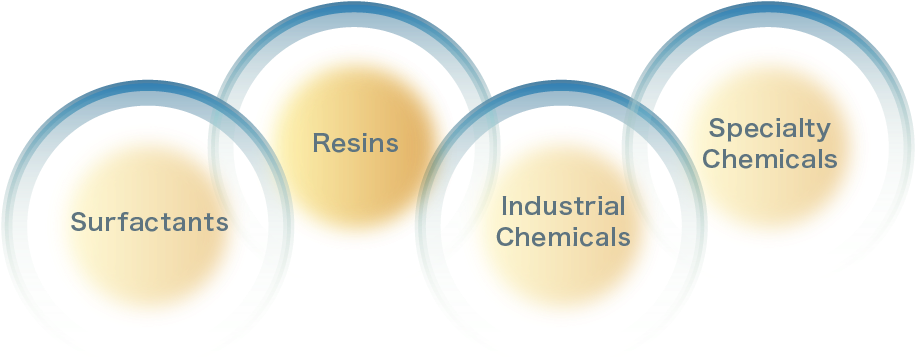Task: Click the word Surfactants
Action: tap(149, 221)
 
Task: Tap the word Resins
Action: tap(355, 143)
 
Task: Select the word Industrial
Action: tap(563, 207)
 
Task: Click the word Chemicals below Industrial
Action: tap(563, 237)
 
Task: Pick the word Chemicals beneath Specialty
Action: tap(769, 159)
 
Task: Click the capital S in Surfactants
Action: tap(77, 221)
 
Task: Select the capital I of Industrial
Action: tap(504, 207)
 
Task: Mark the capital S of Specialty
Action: tap(716, 128)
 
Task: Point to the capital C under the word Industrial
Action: tap(504, 237)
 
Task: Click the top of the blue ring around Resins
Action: tap(355, 12)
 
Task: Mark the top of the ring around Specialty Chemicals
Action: tap(770, 12)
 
